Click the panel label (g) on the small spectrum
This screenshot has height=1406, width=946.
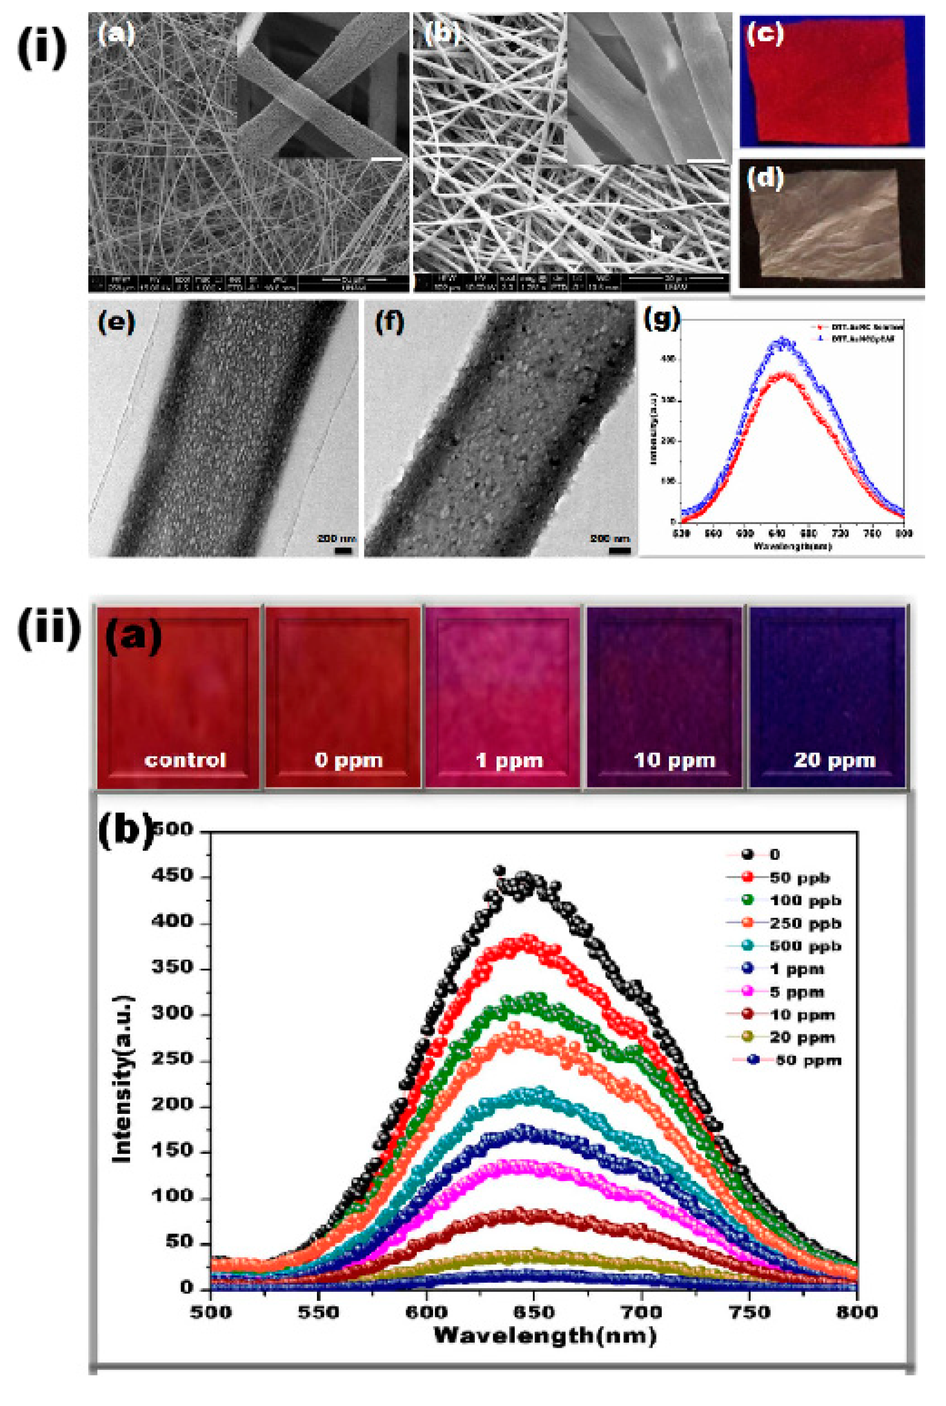[662, 318]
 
